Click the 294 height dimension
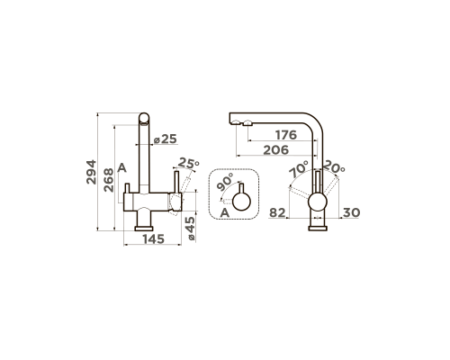91,172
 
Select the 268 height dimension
109,180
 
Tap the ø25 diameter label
166,139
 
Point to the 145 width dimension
153,239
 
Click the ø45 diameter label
191,229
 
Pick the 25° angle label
188,163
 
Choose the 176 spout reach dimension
286,135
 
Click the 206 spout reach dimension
276,149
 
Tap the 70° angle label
299,169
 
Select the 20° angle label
334,166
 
